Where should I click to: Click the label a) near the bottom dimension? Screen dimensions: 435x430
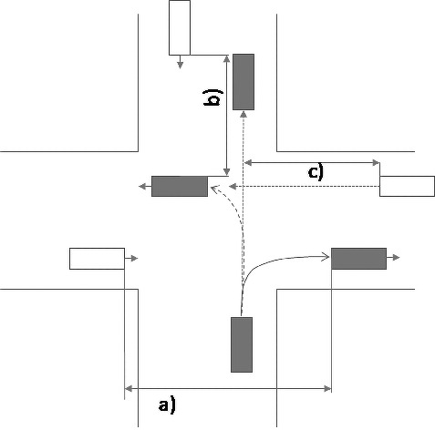coord(167,404)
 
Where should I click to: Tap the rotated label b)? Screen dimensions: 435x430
coord(212,97)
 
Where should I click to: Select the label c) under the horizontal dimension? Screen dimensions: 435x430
coord(316,172)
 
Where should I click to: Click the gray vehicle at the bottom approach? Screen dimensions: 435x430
coord(242,344)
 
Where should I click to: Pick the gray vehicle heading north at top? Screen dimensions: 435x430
coord(243,82)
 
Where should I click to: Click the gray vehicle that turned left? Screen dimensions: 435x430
coord(180,186)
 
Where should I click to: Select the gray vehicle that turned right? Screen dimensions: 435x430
coord(358,259)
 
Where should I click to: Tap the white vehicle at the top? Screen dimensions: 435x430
coord(180,27)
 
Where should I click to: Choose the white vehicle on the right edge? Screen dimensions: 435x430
coord(407,186)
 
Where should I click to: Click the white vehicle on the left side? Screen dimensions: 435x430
coord(97,259)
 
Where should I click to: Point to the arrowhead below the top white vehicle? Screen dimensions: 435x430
coord(180,65)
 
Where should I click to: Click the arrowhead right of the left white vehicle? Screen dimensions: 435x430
coord(134,259)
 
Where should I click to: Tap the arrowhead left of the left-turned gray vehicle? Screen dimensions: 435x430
coord(142,187)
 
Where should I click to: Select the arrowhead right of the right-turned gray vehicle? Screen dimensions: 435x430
coord(396,258)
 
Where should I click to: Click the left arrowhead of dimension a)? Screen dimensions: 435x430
coord(129,388)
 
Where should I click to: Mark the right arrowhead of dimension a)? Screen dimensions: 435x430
coord(327,388)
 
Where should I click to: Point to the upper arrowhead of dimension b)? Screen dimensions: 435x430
coord(226,59)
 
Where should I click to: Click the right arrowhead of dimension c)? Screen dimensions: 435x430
coord(376,163)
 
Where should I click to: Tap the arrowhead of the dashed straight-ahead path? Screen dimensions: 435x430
coord(243,115)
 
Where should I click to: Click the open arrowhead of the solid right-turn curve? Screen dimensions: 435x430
coord(326,257)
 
